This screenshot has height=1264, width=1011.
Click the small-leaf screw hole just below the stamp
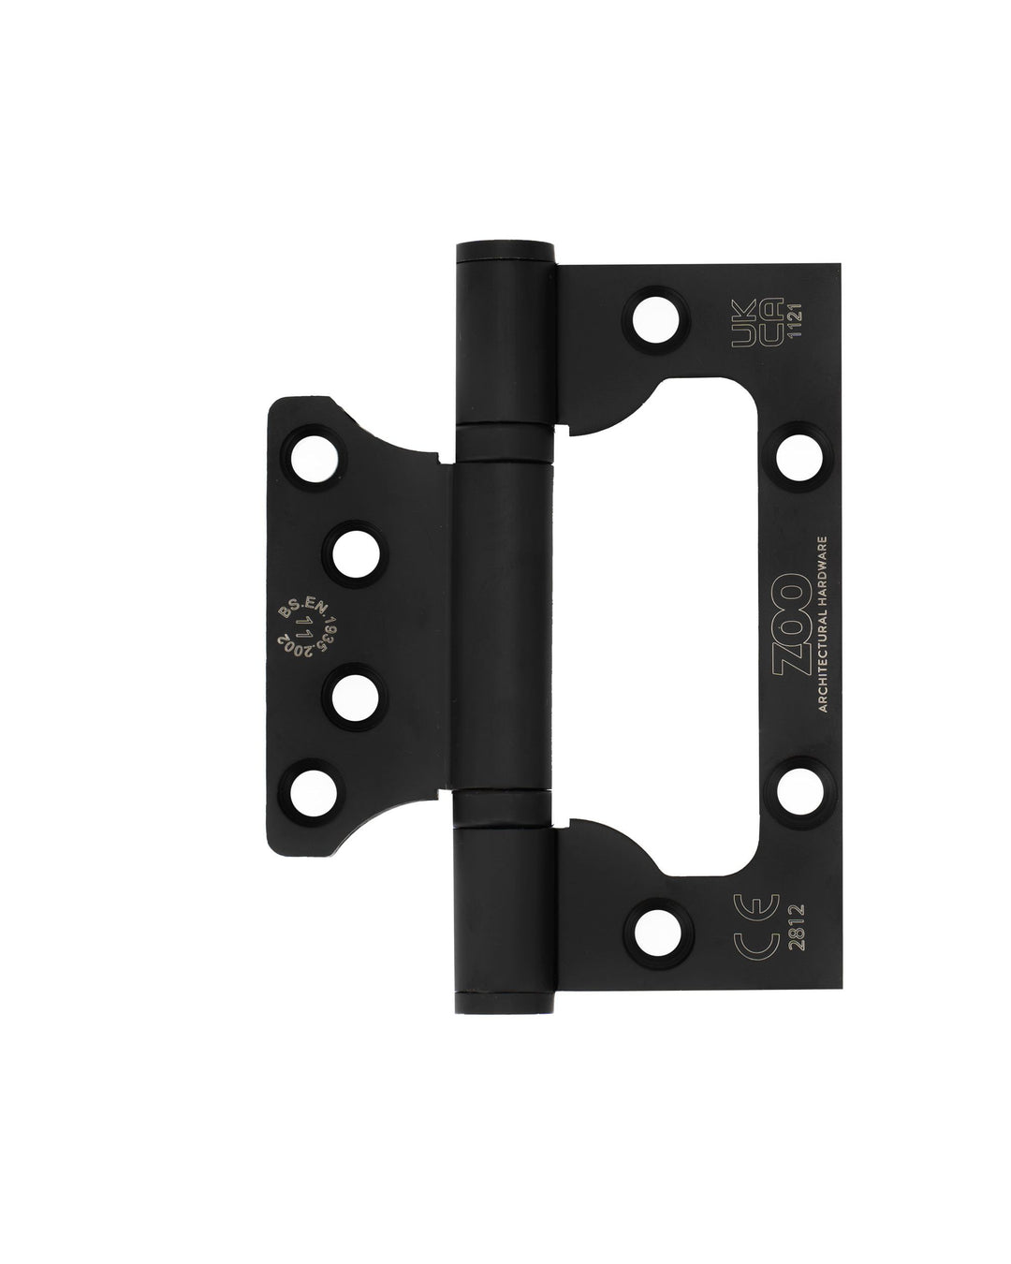[x=356, y=696]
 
